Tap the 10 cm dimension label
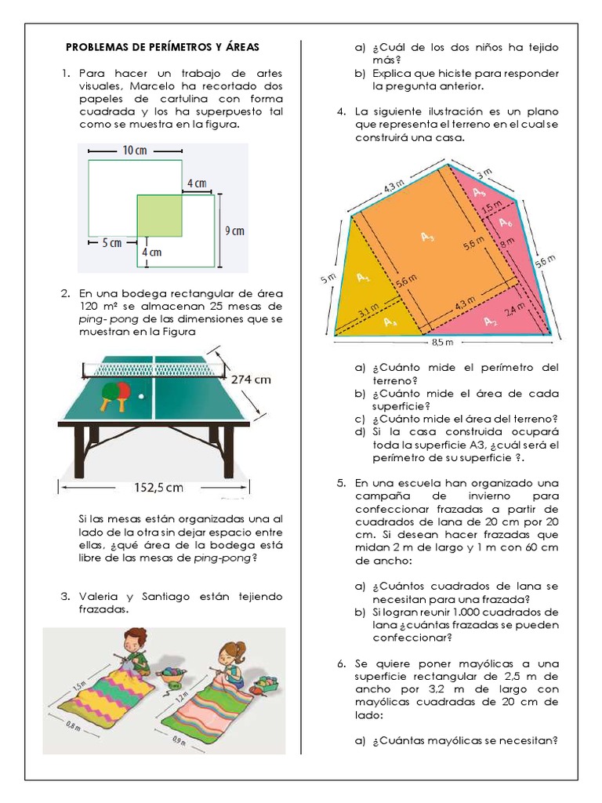point(134,151)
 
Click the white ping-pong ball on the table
point(141,396)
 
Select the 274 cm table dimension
point(251,380)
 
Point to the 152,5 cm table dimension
point(158,488)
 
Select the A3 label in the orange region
point(427,237)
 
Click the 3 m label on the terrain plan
point(484,172)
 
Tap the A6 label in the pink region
point(506,223)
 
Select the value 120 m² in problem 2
point(100,306)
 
